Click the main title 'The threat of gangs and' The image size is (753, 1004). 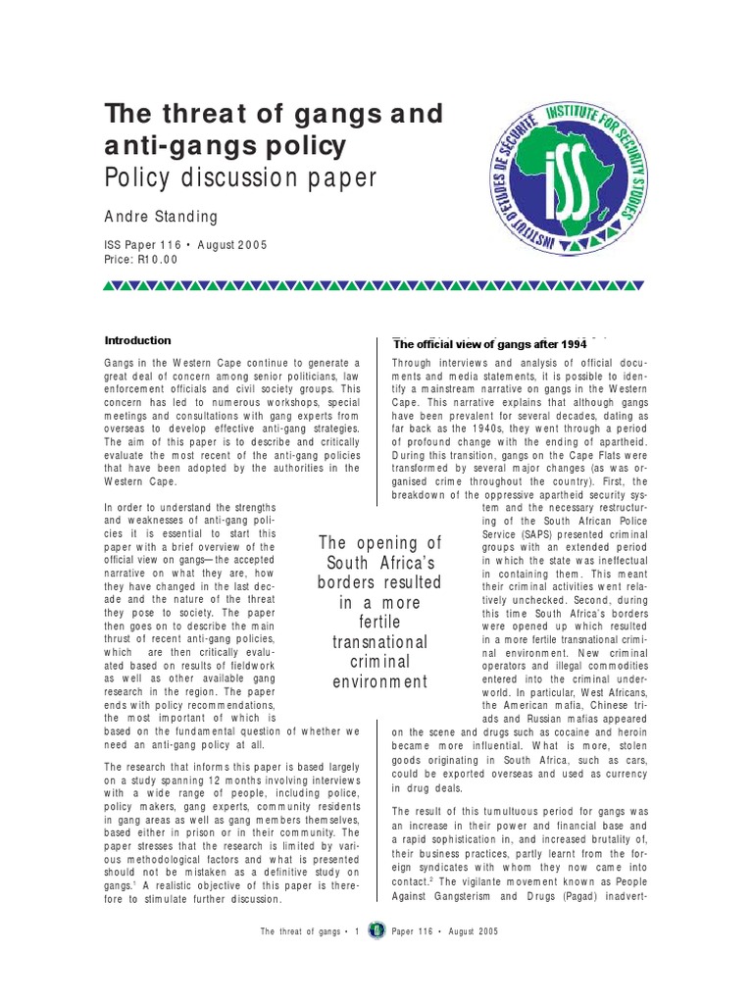click(x=274, y=114)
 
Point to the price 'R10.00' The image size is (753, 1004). click(x=158, y=259)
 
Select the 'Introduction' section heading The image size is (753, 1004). click(x=137, y=340)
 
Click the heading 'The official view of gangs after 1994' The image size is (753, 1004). click(x=489, y=344)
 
